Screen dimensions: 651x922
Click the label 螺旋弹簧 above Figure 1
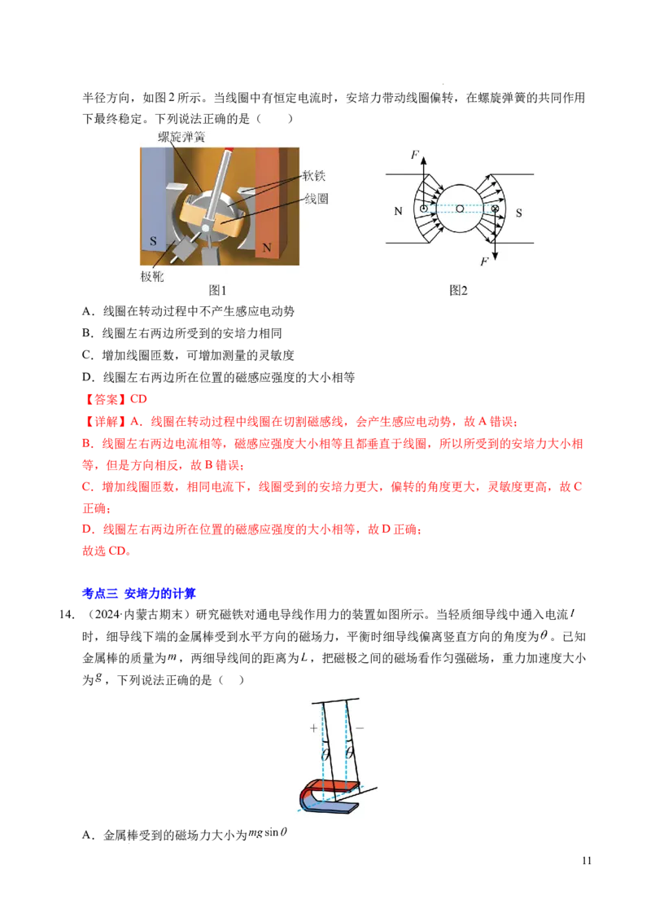[x=181, y=138]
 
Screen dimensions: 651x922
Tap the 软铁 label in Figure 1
[x=314, y=176]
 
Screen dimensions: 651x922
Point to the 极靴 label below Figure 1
[x=152, y=276]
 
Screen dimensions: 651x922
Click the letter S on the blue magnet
[x=153, y=241]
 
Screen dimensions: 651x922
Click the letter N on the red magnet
[x=267, y=248]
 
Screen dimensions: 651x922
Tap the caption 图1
[x=217, y=291]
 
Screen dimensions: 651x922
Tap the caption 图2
[x=458, y=291]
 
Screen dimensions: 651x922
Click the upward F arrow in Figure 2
[x=424, y=182]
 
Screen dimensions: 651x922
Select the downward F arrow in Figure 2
[x=496, y=234]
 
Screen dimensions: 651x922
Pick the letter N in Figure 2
[x=399, y=212]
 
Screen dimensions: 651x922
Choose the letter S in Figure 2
[x=519, y=213]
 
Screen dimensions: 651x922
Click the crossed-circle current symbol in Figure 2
[x=496, y=209]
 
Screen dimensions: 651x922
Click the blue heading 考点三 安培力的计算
[x=139, y=594]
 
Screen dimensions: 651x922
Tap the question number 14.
[x=67, y=615]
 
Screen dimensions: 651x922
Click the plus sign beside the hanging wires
[x=314, y=728]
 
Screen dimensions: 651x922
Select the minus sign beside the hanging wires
[x=360, y=728]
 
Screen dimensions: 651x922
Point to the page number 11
[x=587, y=861]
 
